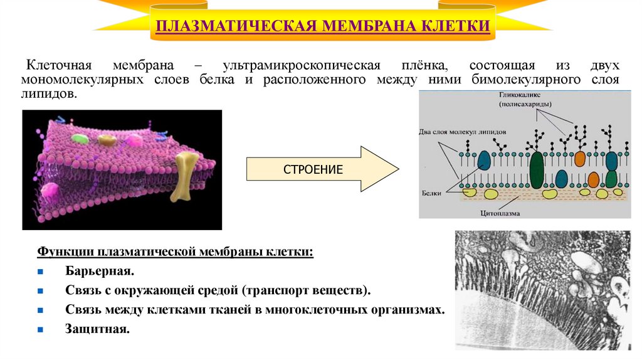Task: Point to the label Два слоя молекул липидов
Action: pyautogui.click(x=461, y=132)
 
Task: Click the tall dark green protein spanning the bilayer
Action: pyautogui.click(x=537, y=171)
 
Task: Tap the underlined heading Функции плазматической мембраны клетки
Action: pyautogui.click(x=176, y=251)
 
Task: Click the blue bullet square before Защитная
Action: pyautogui.click(x=40, y=329)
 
